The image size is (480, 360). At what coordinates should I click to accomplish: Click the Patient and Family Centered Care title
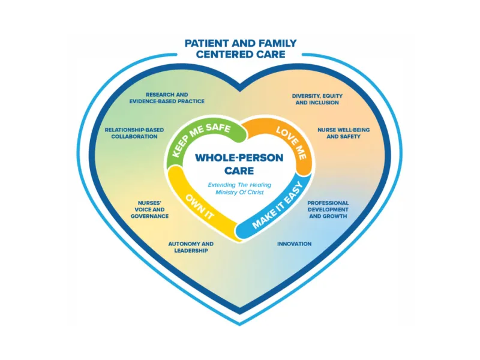click(x=240, y=49)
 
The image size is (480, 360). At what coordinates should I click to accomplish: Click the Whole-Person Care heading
click(x=239, y=166)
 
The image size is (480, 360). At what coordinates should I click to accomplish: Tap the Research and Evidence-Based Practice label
click(x=167, y=98)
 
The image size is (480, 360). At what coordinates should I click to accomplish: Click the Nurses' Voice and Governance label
click(x=149, y=209)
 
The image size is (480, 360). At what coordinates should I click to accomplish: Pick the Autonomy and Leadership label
click(x=191, y=247)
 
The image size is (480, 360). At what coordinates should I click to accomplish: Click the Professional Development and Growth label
click(x=328, y=209)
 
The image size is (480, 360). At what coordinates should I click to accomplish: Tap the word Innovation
click(x=294, y=244)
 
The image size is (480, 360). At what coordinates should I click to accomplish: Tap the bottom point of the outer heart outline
click(x=240, y=325)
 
